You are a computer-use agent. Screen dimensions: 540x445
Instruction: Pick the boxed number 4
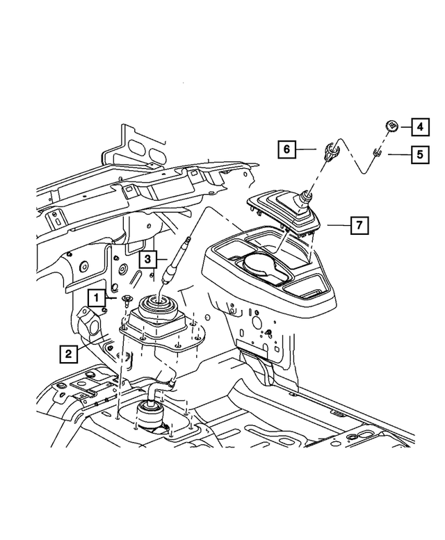(420, 126)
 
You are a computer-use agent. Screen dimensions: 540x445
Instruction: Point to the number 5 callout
(419, 154)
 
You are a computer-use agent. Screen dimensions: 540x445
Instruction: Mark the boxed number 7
(359, 225)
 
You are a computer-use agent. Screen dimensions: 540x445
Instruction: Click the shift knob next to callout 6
(330, 147)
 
